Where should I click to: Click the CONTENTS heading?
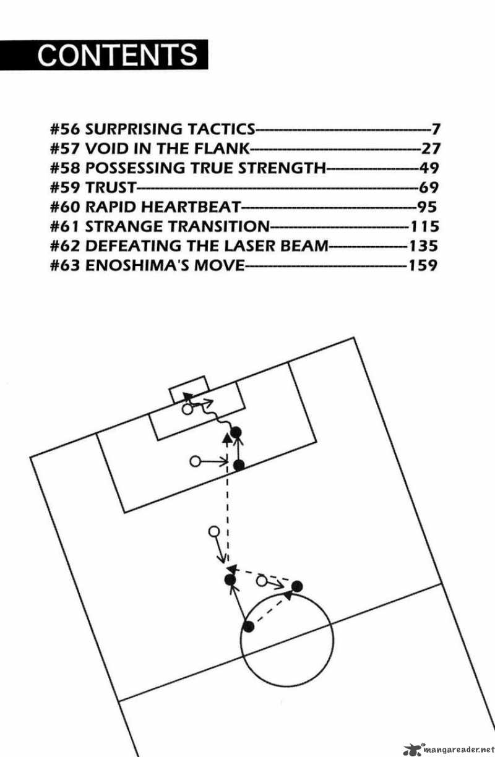118,55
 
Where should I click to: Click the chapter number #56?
65,129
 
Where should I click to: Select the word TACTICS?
222,129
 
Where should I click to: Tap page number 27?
431,148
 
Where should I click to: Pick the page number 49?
429,168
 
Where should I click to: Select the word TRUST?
111,187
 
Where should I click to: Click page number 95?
428,207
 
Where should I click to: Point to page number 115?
424,226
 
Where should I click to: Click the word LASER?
250,246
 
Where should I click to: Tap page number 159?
423,265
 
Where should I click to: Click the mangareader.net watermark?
449,750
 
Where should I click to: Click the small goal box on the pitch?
189,389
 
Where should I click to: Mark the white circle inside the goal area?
187,409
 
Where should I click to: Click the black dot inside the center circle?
249,627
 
